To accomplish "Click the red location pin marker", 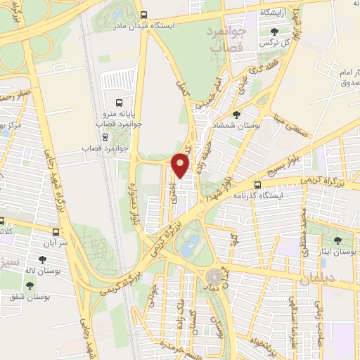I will (181, 165).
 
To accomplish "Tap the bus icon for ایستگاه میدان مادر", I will (143, 15).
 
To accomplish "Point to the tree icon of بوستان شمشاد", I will (236, 113).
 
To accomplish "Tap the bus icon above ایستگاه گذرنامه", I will (257, 185).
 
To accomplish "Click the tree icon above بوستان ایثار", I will (337, 240).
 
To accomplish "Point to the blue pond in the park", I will (189, 245).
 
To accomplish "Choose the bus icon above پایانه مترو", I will (117, 101).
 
